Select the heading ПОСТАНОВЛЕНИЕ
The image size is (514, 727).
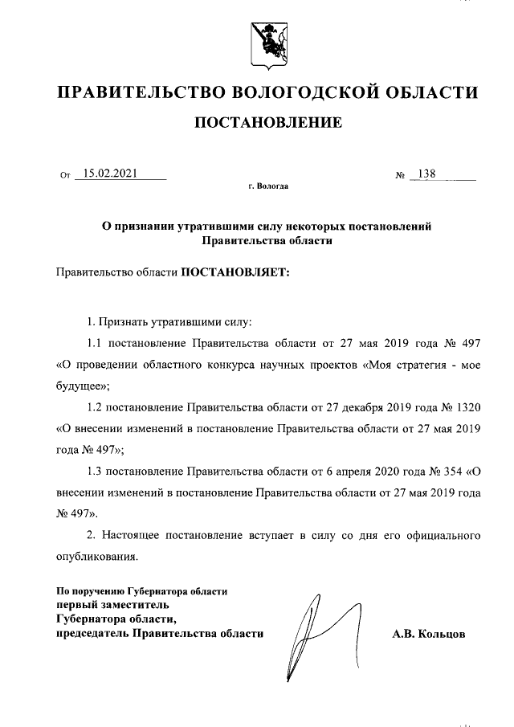tap(265, 123)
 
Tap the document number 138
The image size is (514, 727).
tap(426, 172)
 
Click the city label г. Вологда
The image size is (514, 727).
tap(267, 186)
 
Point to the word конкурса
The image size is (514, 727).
tap(230, 365)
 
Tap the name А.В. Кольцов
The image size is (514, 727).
tap(429, 635)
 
